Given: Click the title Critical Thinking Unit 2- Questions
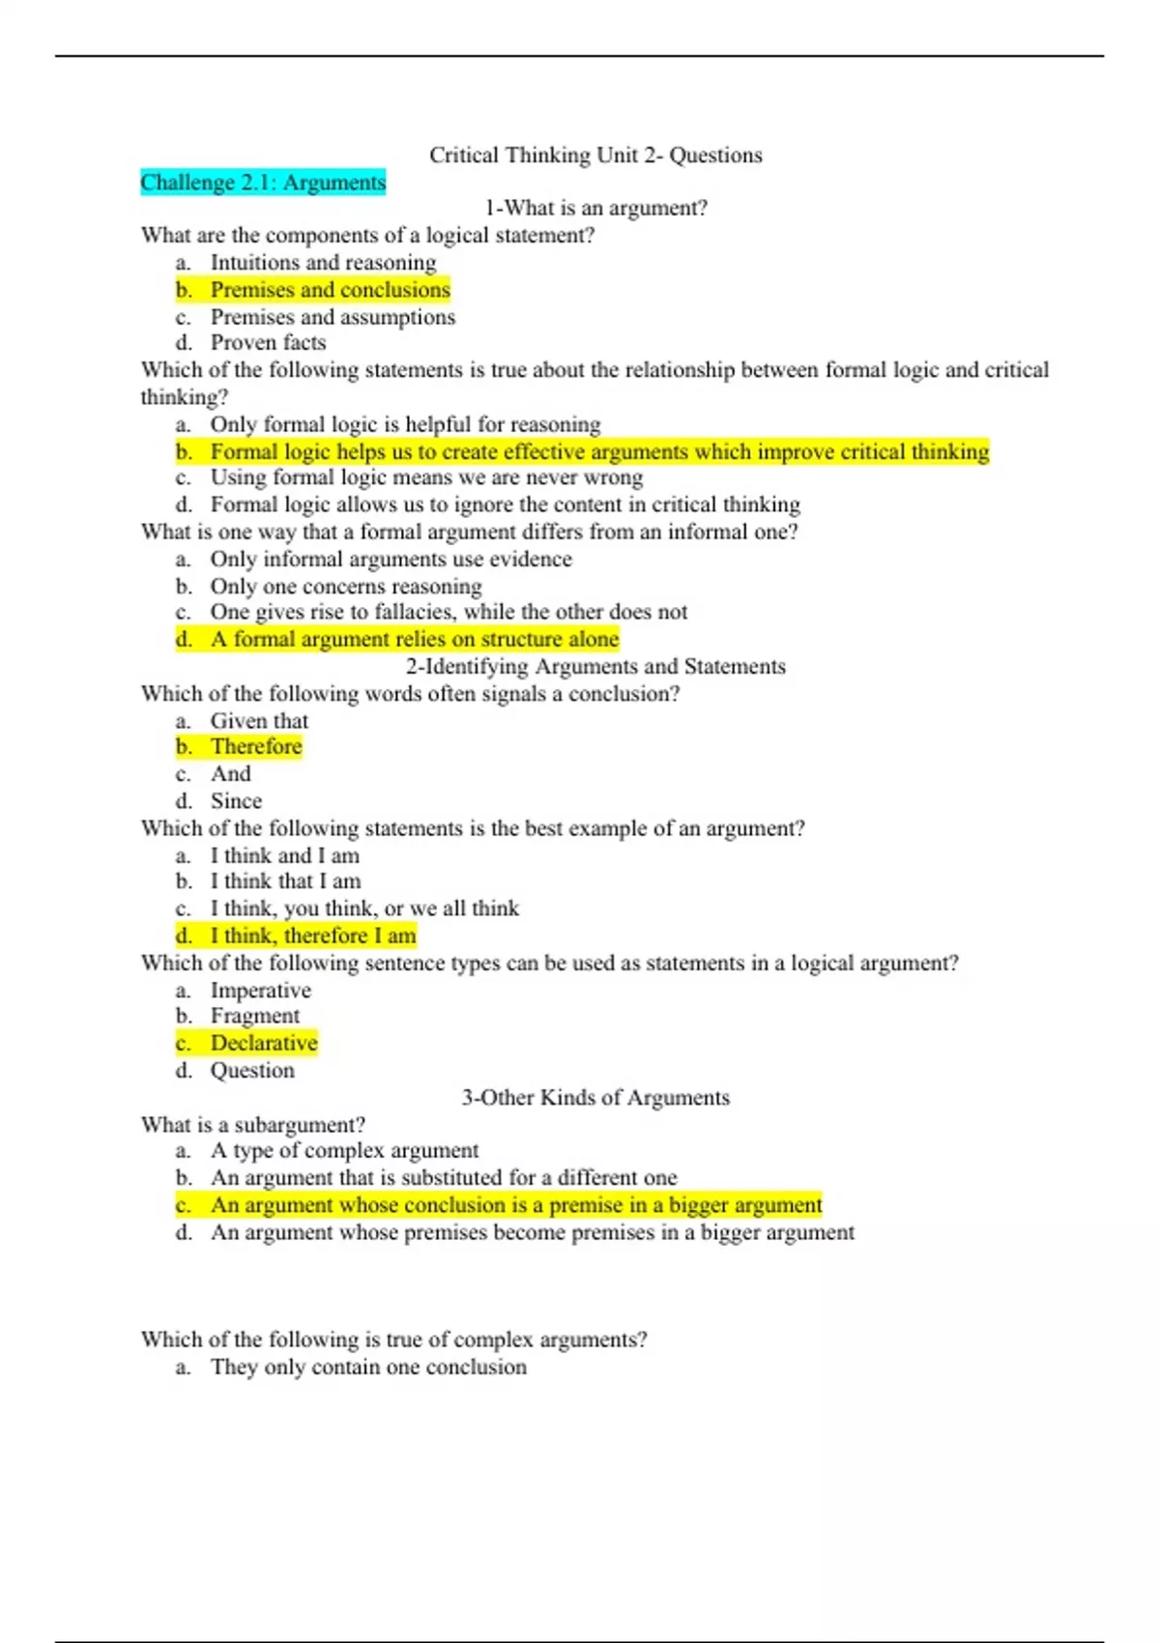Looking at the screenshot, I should coord(595,156).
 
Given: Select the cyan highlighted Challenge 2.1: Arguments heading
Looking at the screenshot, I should coord(263,183).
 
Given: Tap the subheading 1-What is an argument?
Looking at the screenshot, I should coord(595,209).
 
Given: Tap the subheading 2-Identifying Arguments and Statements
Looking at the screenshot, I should coord(595,667).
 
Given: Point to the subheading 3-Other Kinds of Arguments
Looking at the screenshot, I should coord(595,1098).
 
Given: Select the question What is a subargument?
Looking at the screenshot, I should coord(253,1125).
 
